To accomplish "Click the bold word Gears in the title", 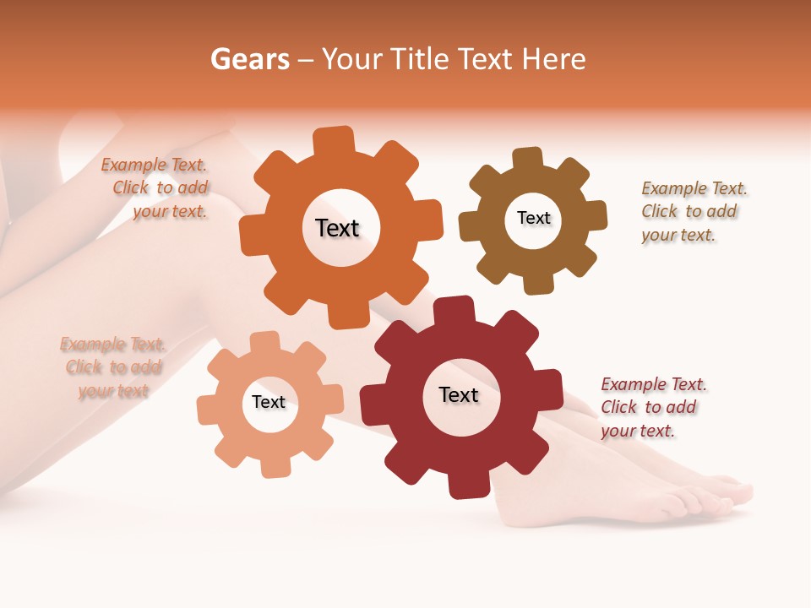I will pyautogui.click(x=249, y=59).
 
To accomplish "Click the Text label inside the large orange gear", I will pyautogui.click(x=337, y=228).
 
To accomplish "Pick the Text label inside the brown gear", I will pyautogui.click(x=533, y=218).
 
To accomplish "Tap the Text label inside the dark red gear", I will pyautogui.click(x=459, y=395).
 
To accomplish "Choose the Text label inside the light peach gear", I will pyautogui.click(x=269, y=403).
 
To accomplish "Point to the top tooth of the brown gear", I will pyautogui.click(x=528, y=159).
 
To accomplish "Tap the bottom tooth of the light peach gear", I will pyautogui.click(x=274, y=466).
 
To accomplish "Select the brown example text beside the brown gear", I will pyautogui.click(x=693, y=211).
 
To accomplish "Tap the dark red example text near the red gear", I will pyautogui.click(x=651, y=407).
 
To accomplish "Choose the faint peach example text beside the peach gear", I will pyautogui.click(x=113, y=367).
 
